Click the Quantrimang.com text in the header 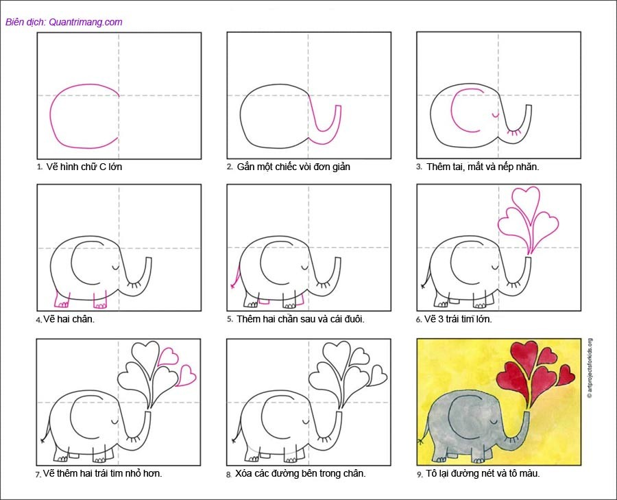[86, 22]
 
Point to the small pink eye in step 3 [496, 115]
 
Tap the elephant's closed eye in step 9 [492, 422]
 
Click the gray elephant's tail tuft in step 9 [421, 440]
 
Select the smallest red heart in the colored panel [566, 375]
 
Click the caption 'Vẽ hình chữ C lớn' [84, 167]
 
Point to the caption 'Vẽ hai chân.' [69, 319]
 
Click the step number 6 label [419, 320]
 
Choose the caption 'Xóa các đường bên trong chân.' [301, 473]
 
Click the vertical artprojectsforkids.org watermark [590, 368]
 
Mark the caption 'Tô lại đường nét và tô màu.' [483, 473]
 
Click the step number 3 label [420, 167]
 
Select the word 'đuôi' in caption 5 [354, 319]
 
